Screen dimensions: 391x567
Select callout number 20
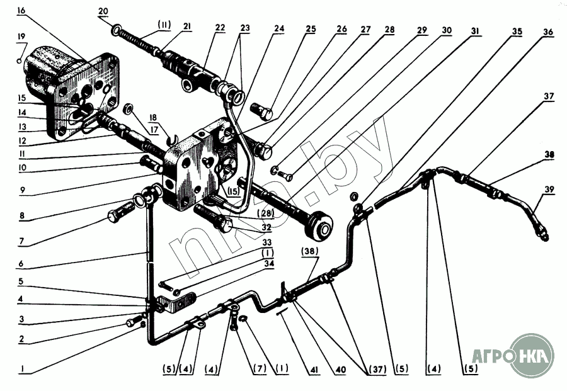tap(103, 11)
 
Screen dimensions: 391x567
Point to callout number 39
tap(550, 188)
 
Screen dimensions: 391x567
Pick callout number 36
tap(548, 31)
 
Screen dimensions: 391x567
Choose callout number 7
tap(21, 241)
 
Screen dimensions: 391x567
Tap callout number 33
tap(267, 242)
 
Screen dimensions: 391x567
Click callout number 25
tap(311, 29)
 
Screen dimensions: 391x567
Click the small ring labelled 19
tap(21, 61)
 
